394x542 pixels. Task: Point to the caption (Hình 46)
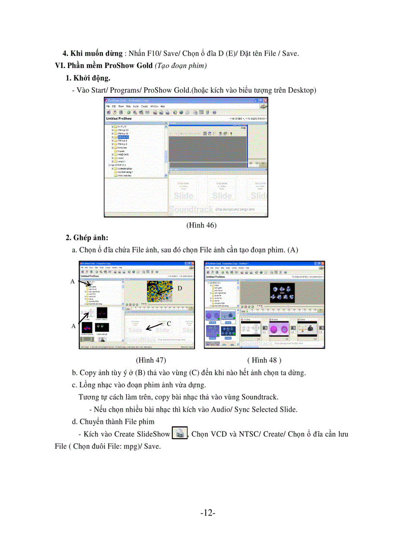tap(201, 225)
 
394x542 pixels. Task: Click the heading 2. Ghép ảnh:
tap(87, 237)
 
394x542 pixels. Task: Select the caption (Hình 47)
tap(151, 360)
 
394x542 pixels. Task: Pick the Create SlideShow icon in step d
tap(180, 433)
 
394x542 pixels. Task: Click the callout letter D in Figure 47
tap(179, 288)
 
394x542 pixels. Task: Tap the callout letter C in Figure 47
tap(169, 323)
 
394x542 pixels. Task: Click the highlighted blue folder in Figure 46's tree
tap(123, 137)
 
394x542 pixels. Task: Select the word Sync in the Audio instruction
tap(250, 409)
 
